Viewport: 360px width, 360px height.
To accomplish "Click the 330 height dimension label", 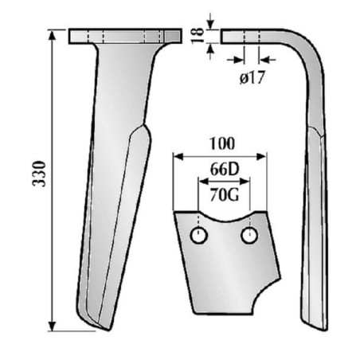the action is tap(39, 174).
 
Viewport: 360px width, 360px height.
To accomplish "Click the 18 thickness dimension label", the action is tap(198, 35).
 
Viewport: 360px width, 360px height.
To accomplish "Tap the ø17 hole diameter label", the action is tap(252, 78).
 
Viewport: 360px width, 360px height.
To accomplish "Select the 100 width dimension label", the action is tap(222, 143).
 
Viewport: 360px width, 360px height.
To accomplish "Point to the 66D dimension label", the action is tap(225, 169).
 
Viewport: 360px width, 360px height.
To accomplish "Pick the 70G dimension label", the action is tap(225, 195).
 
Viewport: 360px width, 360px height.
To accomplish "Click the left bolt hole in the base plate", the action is tap(199, 235).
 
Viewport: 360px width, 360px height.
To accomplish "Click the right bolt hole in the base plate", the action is tap(249, 235).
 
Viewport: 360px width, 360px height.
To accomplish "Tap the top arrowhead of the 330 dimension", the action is tap(53, 35).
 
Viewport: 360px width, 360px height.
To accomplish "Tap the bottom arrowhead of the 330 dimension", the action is tap(53, 326).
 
